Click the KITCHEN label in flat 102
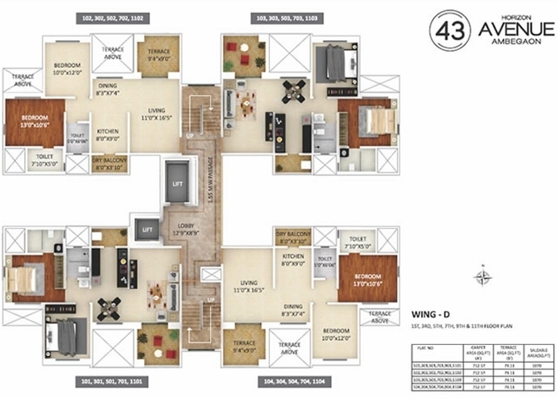click(x=108, y=135)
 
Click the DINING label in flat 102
click(x=108, y=88)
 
